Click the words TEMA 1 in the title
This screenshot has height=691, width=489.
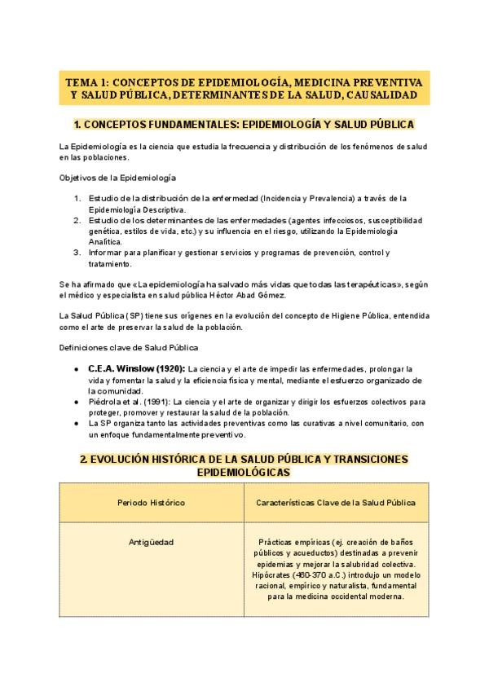tap(86, 82)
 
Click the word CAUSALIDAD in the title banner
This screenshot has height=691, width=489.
tap(384, 96)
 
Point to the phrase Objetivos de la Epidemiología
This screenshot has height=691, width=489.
tap(118, 177)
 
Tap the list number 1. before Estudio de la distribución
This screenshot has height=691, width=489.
tap(77, 198)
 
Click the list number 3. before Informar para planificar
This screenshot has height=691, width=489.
tap(77, 253)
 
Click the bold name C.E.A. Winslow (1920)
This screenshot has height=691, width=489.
tap(136, 368)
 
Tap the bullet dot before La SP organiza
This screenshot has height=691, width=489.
tap(77, 424)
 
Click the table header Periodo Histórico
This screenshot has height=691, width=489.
tap(152, 503)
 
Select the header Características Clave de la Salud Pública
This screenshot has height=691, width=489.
tap(336, 503)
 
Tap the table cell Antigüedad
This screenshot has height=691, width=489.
tap(152, 542)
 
